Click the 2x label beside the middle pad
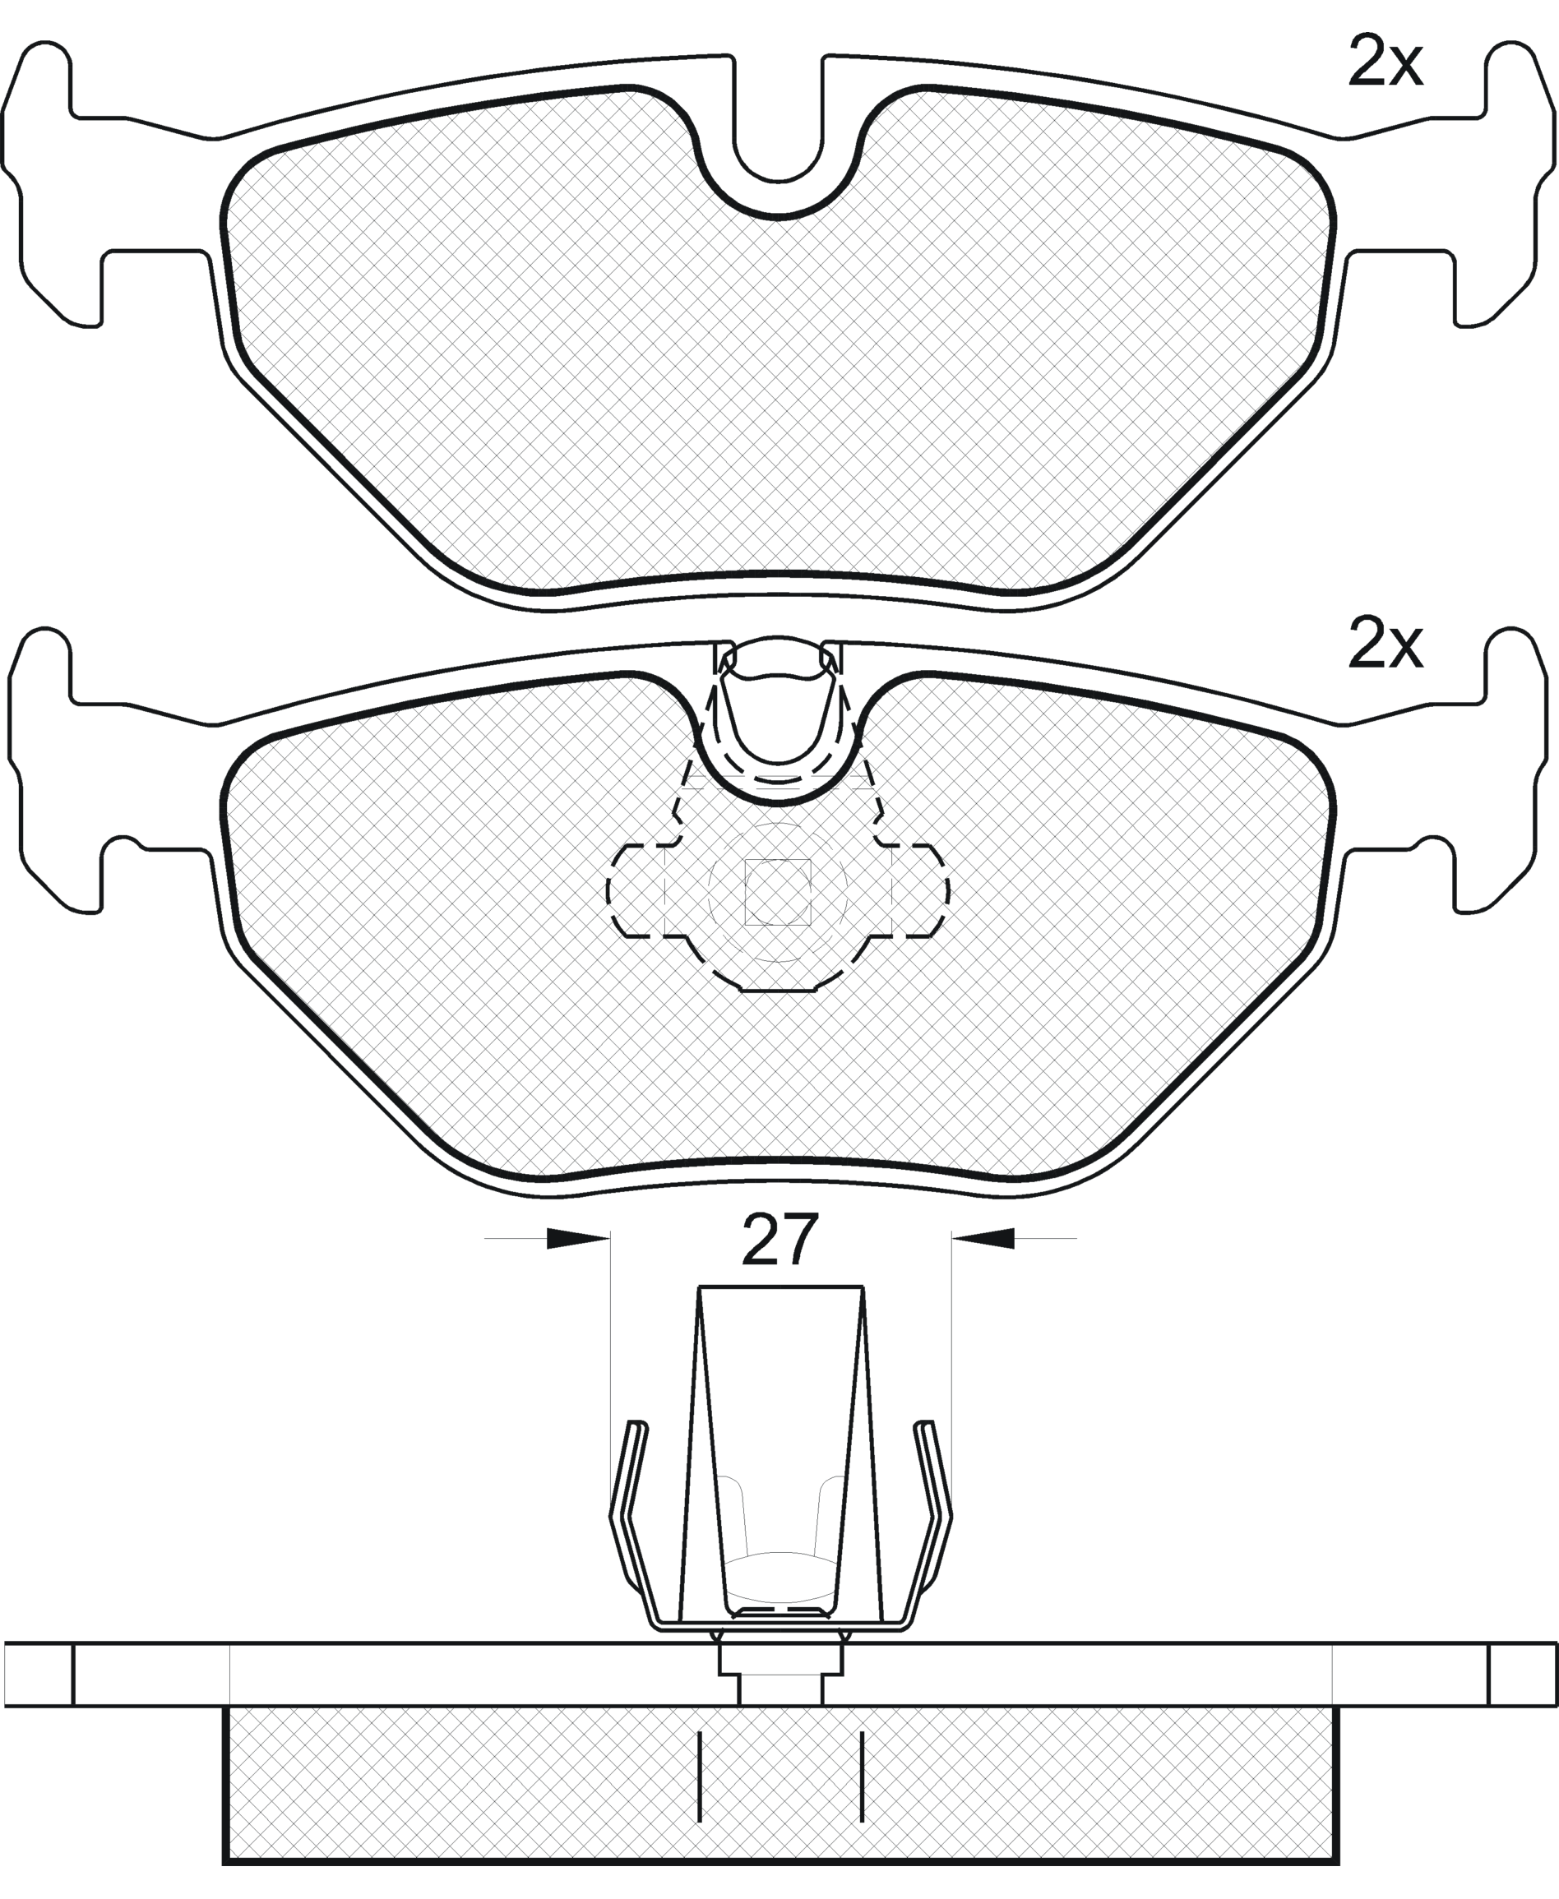point(1385,645)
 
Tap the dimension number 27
point(779,1240)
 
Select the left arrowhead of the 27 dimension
point(577,1239)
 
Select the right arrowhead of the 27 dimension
point(983,1239)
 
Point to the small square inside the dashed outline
point(778,893)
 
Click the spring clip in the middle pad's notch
point(779,709)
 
